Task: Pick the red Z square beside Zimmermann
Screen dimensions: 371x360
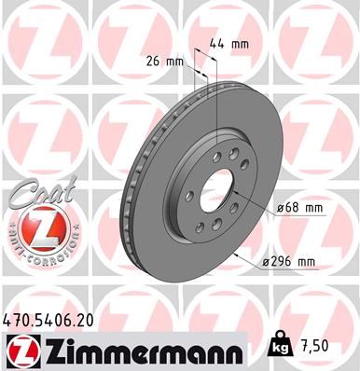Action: (21, 350)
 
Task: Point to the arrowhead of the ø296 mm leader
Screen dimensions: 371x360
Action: (243, 254)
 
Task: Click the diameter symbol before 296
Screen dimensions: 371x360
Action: (265, 263)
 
